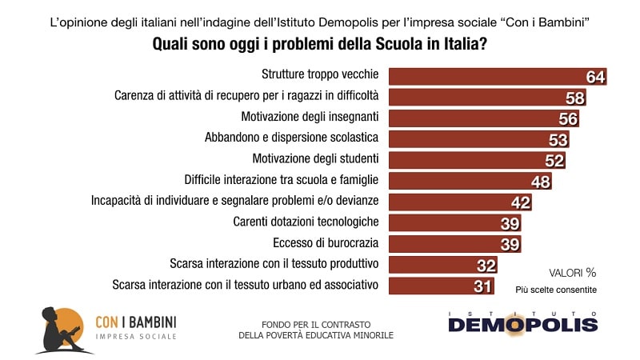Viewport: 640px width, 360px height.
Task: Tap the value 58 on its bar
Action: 574,97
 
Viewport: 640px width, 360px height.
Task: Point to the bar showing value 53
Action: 472,139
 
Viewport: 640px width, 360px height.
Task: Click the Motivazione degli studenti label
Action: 315,159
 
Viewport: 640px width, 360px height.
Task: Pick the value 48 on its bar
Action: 541,181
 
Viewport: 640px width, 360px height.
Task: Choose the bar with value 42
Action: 448,202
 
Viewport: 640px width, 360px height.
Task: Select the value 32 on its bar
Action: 486,265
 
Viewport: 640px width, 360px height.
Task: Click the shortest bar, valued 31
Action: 432,286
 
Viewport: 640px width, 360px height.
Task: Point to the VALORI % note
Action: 572,272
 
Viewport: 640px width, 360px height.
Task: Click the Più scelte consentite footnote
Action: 561,290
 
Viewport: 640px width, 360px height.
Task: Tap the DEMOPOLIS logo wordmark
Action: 522,324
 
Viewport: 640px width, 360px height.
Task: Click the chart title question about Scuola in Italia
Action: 320,46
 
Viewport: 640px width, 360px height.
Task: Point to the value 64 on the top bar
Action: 594,77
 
